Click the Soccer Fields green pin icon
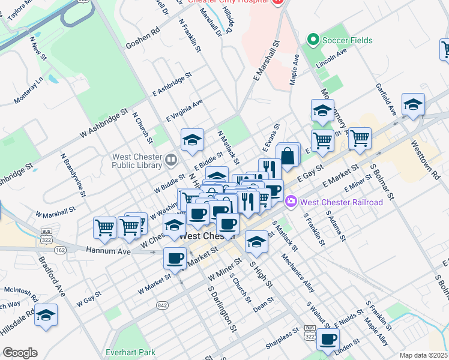[x=312, y=40]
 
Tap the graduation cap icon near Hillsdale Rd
[x=46, y=315]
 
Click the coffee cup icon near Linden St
[x=328, y=339]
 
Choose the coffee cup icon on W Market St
[x=175, y=257]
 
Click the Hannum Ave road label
[x=108, y=251]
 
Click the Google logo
[x=20, y=353]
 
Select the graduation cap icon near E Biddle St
[x=193, y=140]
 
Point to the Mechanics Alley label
[x=298, y=271]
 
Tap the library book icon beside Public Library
[x=172, y=160]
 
